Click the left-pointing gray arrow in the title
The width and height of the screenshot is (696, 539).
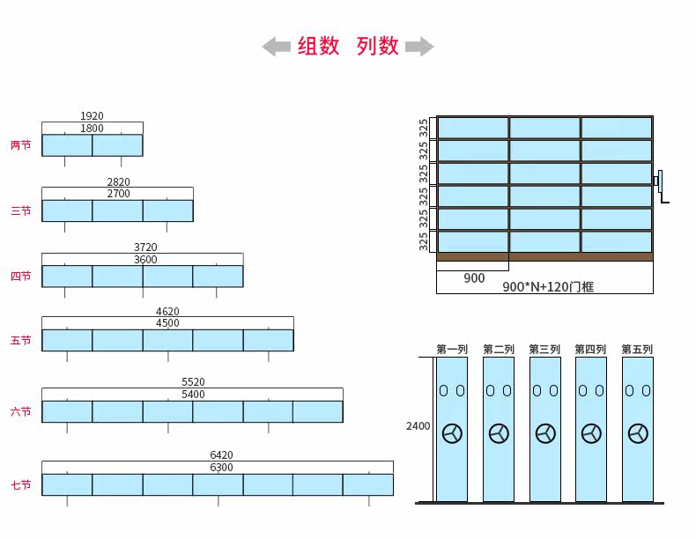[x=276, y=47]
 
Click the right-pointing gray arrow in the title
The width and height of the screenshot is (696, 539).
[x=419, y=47]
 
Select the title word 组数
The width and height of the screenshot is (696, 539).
[x=318, y=47]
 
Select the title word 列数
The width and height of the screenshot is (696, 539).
[x=378, y=47]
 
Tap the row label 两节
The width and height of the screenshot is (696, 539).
[x=20, y=145]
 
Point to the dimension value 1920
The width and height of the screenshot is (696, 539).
[x=92, y=116]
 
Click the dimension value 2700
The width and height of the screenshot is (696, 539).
[x=118, y=194]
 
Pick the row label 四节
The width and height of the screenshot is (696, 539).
[x=20, y=277]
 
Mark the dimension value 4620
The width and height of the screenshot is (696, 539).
[x=167, y=312]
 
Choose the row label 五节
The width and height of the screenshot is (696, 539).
[x=20, y=341]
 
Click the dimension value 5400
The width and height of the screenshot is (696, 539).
[x=193, y=395]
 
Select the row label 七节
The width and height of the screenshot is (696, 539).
[x=20, y=485]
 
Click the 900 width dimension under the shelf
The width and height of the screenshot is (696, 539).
[x=474, y=278]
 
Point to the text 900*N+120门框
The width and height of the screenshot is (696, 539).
[x=548, y=286]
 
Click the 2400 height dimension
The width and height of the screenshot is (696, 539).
[x=418, y=426]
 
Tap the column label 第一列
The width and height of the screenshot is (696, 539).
[x=452, y=350]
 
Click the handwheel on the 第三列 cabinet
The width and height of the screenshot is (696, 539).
[x=545, y=433]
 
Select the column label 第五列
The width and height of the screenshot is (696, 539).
[x=637, y=350]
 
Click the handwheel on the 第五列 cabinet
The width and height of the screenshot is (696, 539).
[x=638, y=433]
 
